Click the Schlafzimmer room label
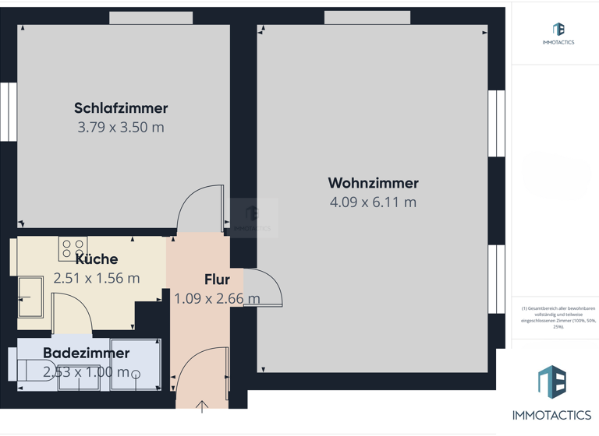121,108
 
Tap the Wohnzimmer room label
373,183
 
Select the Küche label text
97,259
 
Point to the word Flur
217,280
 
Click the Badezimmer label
86,353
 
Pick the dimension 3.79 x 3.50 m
121,127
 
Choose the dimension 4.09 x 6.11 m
373,202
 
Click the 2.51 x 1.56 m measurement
97,278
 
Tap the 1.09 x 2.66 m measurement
217,298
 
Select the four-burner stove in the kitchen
73,249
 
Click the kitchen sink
30,297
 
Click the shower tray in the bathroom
136,364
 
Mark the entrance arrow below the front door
202,406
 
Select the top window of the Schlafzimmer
151,18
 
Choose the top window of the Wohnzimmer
367,18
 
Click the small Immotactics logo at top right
558,33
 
